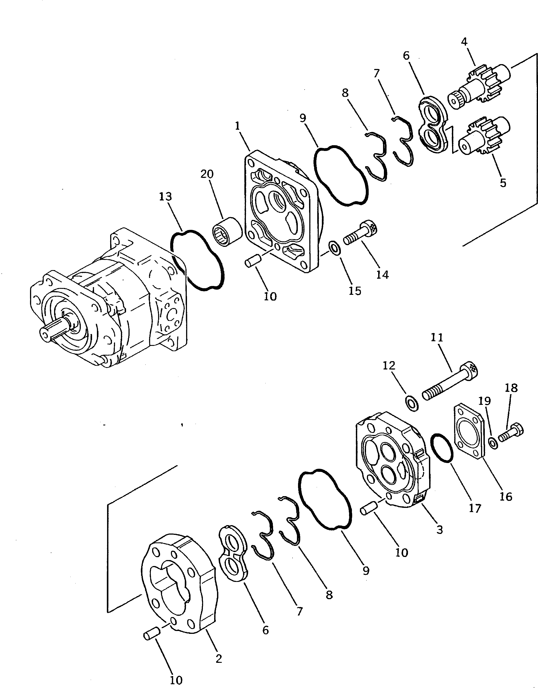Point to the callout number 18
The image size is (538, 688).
point(512,388)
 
